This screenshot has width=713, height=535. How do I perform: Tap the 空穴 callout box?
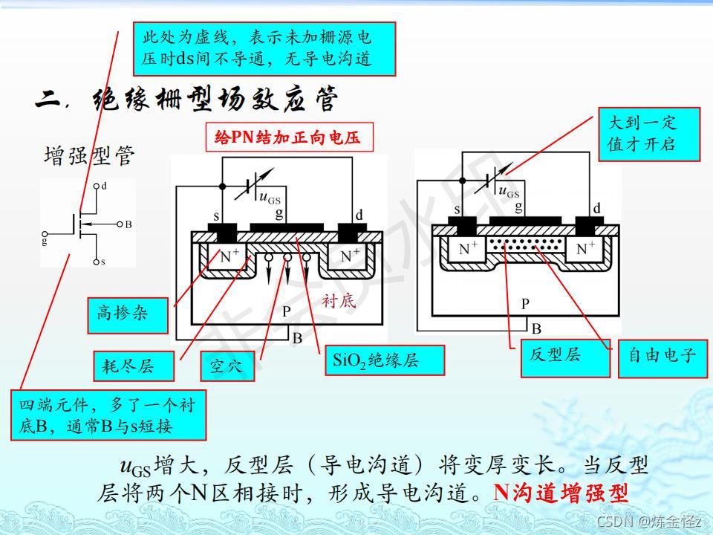[x=226, y=366]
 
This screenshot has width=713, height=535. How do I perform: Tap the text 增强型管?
[x=90, y=157]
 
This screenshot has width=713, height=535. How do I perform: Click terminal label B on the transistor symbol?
[x=128, y=223]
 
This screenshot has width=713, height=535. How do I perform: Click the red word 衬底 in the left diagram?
[x=339, y=301]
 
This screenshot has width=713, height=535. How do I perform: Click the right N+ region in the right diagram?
[x=586, y=250]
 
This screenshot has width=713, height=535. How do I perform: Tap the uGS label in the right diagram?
[x=509, y=192]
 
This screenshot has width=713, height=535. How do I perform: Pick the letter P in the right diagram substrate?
[x=525, y=303]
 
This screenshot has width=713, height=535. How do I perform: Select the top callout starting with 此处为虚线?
[x=264, y=48]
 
